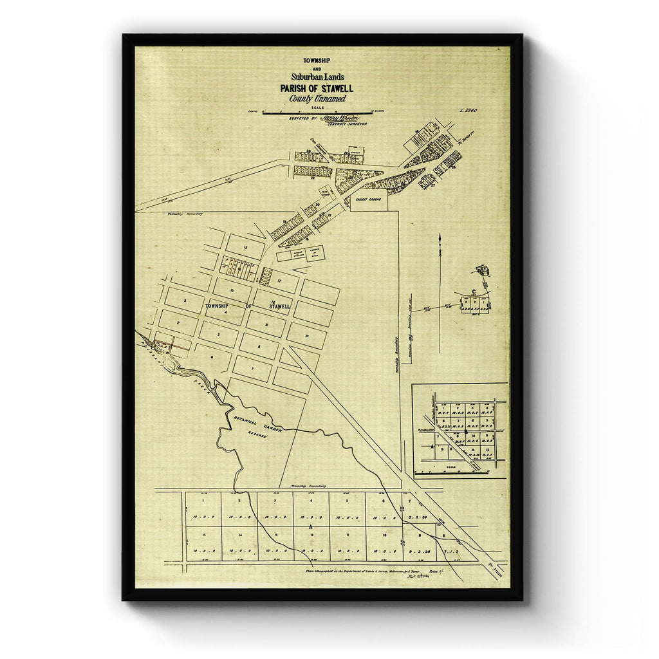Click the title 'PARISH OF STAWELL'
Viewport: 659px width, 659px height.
[316, 88]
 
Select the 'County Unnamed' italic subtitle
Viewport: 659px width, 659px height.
[317, 98]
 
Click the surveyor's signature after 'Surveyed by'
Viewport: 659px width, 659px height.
[341, 118]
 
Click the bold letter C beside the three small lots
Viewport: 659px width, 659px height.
[474, 293]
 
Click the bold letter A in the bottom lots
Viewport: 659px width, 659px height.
[311, 526]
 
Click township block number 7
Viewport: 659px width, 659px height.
[252, 369]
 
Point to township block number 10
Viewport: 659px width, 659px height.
[307, 336]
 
